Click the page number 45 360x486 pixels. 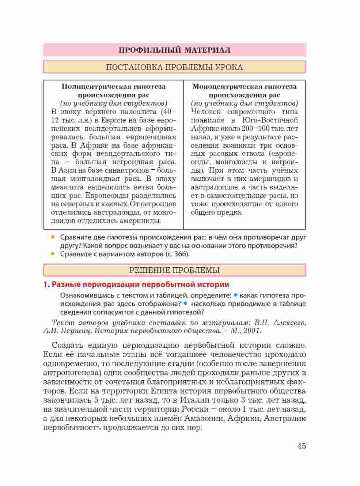[301, 446]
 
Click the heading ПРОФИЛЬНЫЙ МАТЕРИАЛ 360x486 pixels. [174, 50]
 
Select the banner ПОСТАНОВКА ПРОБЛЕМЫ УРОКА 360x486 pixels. [174, 67]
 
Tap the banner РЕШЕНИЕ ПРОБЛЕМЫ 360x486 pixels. [174, 270]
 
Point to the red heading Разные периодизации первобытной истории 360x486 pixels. [140, 285]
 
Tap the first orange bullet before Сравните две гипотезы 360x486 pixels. [53, 237]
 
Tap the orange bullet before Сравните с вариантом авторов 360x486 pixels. [53, 253]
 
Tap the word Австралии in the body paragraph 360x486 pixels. [285, 418]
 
